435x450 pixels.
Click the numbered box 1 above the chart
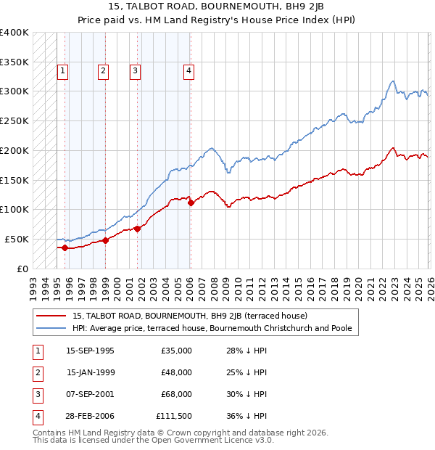(63, 71)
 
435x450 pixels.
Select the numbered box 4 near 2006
(188, 71)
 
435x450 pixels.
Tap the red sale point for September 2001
(137, 229)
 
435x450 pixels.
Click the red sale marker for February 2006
(191, 203)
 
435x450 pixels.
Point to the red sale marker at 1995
(65, 248)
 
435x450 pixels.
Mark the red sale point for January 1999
(105, 240)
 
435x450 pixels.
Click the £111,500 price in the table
(174, 417)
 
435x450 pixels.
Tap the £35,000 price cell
(177, 351)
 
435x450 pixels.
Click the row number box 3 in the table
(36, 395)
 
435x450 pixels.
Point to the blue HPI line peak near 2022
(392, 81)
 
